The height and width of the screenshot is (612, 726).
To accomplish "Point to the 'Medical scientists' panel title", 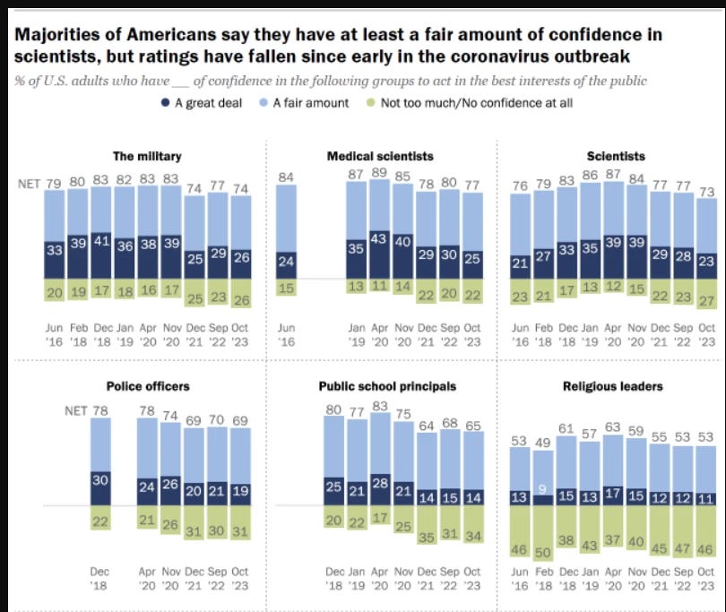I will tap(367, 155).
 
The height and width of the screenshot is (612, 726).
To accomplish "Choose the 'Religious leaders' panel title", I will tap(601, 386).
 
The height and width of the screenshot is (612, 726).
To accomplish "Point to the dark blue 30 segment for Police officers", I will tap(101, 479).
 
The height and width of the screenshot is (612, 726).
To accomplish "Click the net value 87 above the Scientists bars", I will tap(614, 174).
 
